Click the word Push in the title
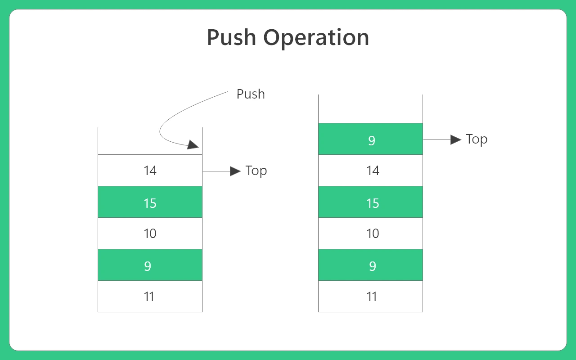click(231, 37)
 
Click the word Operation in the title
click(316, 39)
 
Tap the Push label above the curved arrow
click(251, 94)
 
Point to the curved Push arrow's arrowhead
click(193, 144)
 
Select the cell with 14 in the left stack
click(150, 170)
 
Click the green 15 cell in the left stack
click(150, 202)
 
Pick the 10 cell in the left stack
click(150, 233)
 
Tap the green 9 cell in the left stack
click(150, 265)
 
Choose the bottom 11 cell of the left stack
click(150, 296)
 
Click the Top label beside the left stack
click(256, 171)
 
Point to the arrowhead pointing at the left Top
click(235, 171)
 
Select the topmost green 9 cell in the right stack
click(370, 139)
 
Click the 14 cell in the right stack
click(370, 170)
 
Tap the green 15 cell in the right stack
click(370, 202)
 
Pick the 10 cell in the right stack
click(370, 233)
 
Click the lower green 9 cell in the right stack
click(370, 265)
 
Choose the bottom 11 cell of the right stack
click(370, 296)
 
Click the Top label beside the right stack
click(477, 139)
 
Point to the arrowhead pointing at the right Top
click(456, 139)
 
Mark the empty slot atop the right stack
click(370, 109)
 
